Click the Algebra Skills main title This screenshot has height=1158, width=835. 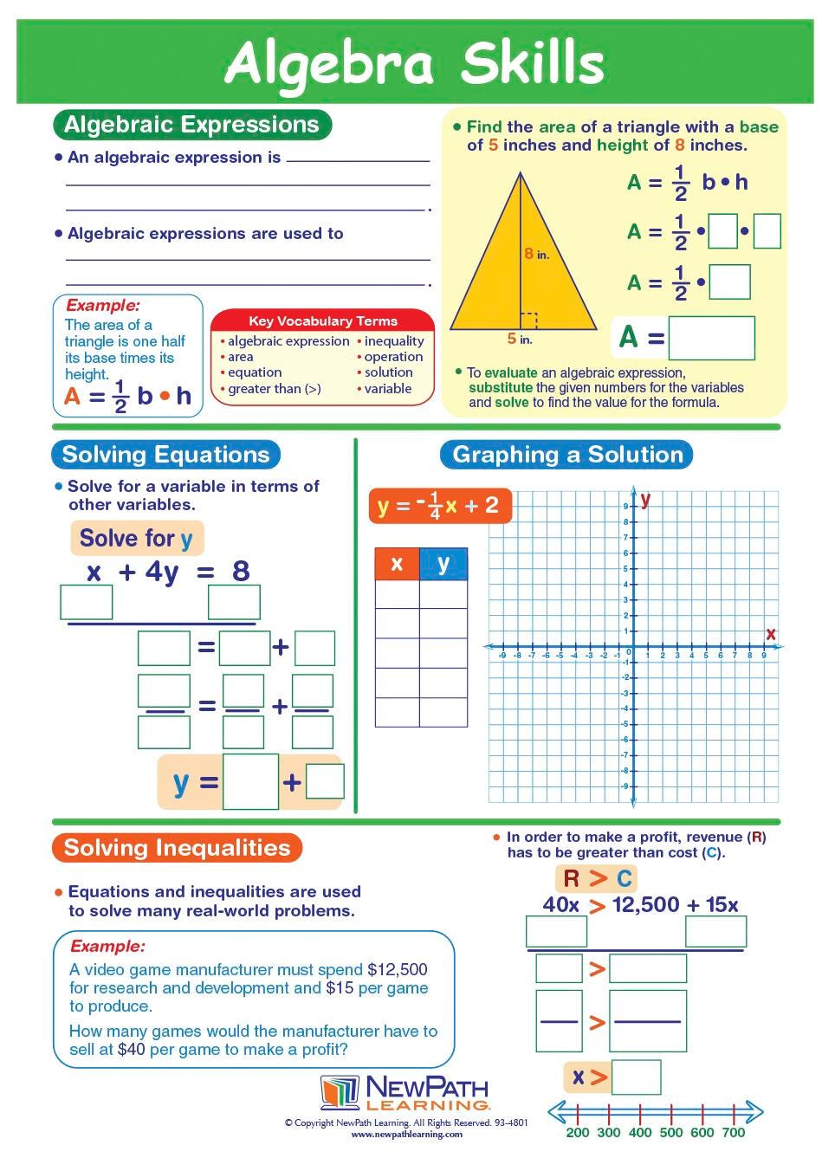(x=414, y=63)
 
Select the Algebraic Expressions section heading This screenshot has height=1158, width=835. (x=191, y=125)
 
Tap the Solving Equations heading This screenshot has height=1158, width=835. (x=165, y=455)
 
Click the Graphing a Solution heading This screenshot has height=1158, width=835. (x=567, y=455)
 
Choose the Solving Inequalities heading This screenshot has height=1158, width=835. (x=177, y=847)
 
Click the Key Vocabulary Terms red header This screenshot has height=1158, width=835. (x=322, y=320)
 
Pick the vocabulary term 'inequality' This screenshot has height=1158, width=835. (x=394, y=341)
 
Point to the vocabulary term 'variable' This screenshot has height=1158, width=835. (x=387, y=389)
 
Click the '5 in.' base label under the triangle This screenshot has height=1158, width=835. (x=520, y=340)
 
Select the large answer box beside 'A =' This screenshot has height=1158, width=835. (x=711, y=337)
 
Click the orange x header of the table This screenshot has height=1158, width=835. (x=397, y=564)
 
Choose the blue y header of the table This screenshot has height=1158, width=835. (x=443, y=564)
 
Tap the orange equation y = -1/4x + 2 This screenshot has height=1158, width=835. (x=440, y=506)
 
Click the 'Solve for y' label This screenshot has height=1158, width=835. (x=137, y=539)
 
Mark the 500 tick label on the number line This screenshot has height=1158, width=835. (x=671, y=1132)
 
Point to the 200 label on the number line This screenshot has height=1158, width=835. (x=578, y=1132)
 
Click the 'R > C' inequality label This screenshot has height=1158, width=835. (x=597, y=878)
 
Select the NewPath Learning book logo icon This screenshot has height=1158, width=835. (x=339, y=1092)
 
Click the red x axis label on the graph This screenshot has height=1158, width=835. (x=770, y=634)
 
